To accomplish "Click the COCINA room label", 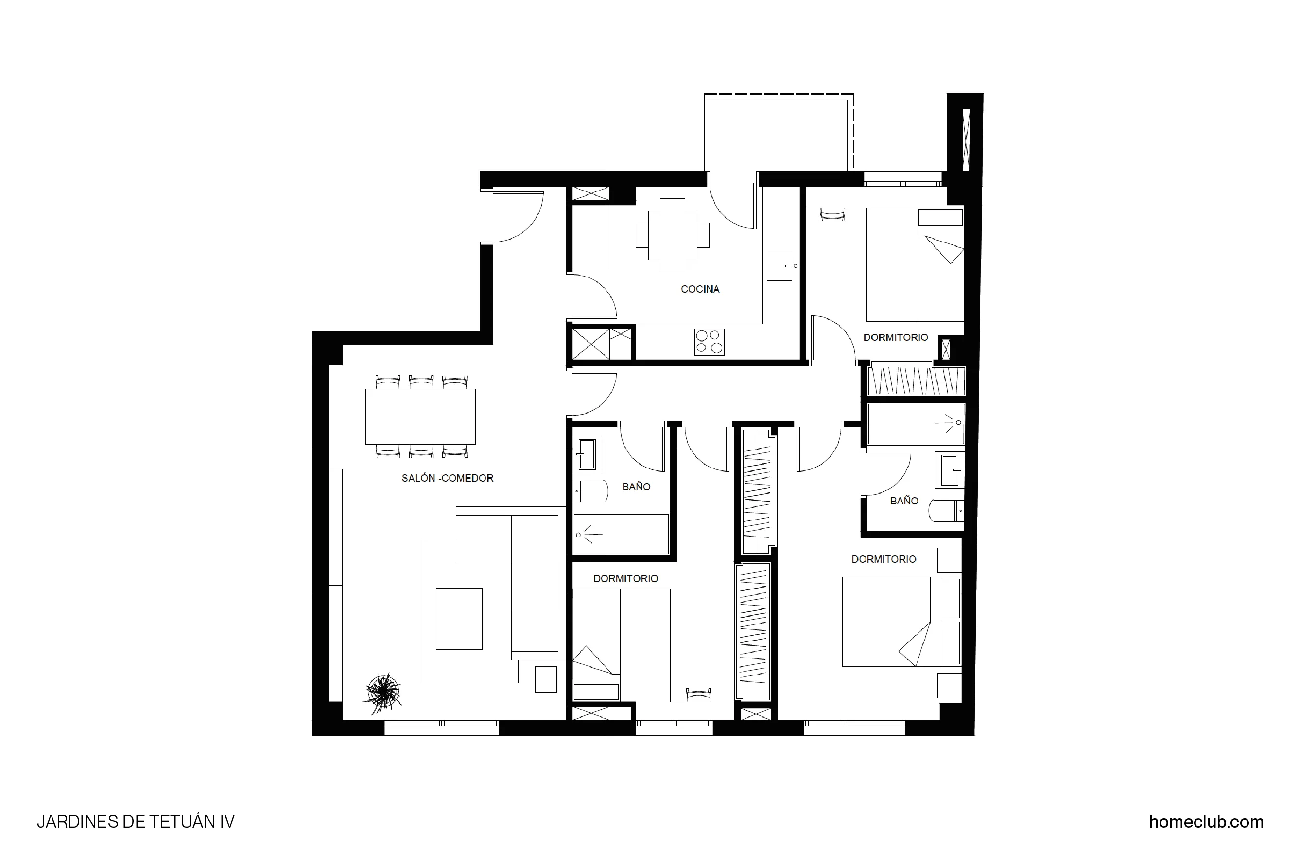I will (700, 289).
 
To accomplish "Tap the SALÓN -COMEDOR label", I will (448, 478).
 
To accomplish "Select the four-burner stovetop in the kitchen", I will (709, 342).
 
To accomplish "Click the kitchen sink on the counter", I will (779, 266).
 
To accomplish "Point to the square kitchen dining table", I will (672, 235).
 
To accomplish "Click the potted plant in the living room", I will (382, 692).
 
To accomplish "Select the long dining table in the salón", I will (420, 416).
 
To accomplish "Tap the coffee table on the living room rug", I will (459, 619).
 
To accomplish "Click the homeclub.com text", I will (1206, 822).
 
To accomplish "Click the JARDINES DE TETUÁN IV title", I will (136, 822).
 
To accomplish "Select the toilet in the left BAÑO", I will (590, 491).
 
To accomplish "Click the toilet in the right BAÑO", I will (946, 511).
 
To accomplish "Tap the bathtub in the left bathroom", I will (621, 534).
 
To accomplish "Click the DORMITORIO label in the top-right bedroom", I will (895, 337).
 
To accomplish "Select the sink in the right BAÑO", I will (950, 470).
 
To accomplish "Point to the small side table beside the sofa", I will (546, 679).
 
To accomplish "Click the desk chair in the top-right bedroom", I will (832, 214).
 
